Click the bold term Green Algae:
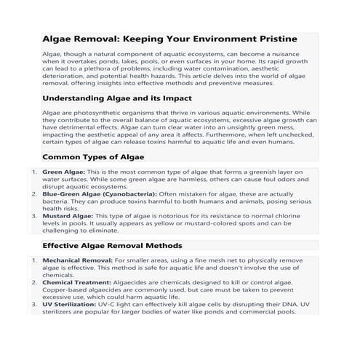[x=63, y=172]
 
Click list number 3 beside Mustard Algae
[x=34, y=216]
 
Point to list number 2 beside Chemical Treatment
[x=34, y=282]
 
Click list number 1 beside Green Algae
[x=34, y=172]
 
